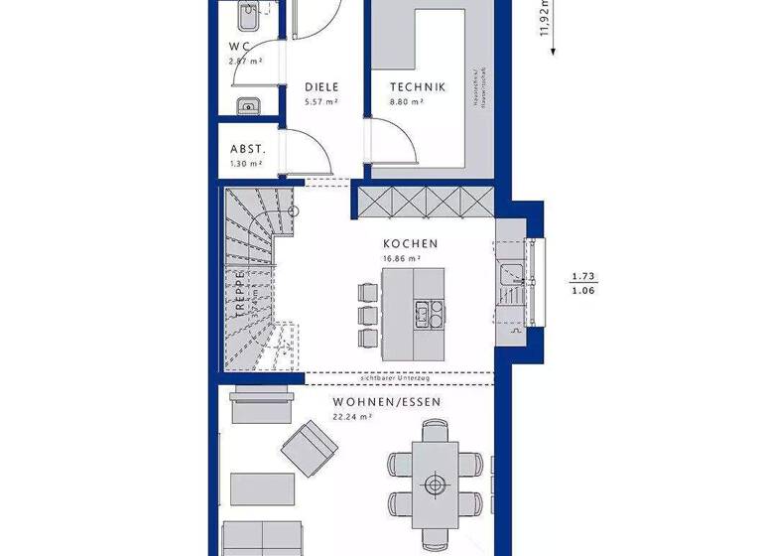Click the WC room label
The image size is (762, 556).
point(240,46)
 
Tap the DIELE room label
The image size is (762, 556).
point(321,86)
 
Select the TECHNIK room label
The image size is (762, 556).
point(418,86)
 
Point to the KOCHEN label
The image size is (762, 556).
point(411,243)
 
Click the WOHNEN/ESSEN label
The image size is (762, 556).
point(387,402)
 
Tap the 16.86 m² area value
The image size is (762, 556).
point(402,258)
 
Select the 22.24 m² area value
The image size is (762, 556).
point(352,417)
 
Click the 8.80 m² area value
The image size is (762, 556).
point(407,101)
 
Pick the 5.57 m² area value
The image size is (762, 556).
point(321,101)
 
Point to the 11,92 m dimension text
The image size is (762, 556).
point(545,20)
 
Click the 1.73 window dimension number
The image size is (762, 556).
point(583,277)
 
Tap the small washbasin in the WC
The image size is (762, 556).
point(246,104)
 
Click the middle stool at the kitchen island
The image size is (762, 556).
point(366,315)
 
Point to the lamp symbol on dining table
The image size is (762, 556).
point(434,485)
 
